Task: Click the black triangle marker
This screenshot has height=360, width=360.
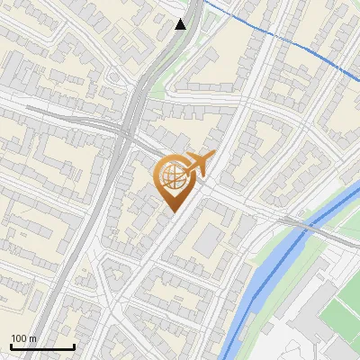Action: (181, 23)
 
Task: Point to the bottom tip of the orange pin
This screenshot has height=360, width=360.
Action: (172, 211)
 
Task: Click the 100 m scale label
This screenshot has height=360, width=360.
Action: (23, 337)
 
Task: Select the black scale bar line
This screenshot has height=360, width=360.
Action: (42, 346)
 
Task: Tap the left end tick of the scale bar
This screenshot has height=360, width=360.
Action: (11, 346)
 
